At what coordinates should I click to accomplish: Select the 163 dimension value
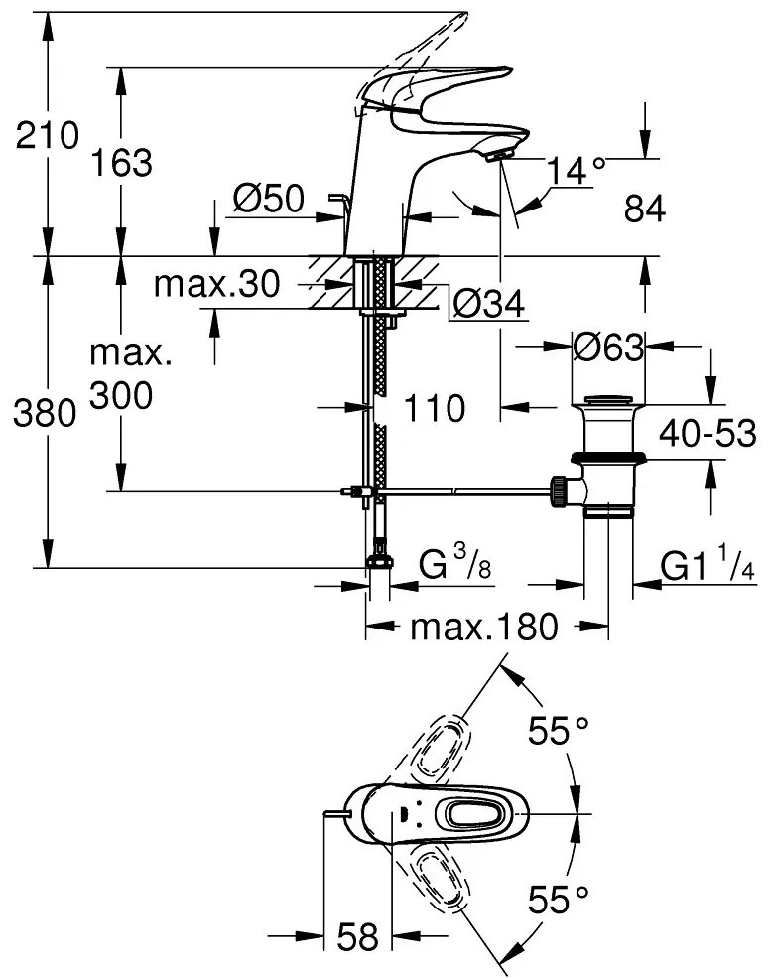coord(123,162)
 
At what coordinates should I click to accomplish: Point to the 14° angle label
coord(576,171)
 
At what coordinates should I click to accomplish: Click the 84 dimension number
coord(644,209)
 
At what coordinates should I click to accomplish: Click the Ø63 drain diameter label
coord(608,347)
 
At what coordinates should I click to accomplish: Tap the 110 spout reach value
coord(435,407)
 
